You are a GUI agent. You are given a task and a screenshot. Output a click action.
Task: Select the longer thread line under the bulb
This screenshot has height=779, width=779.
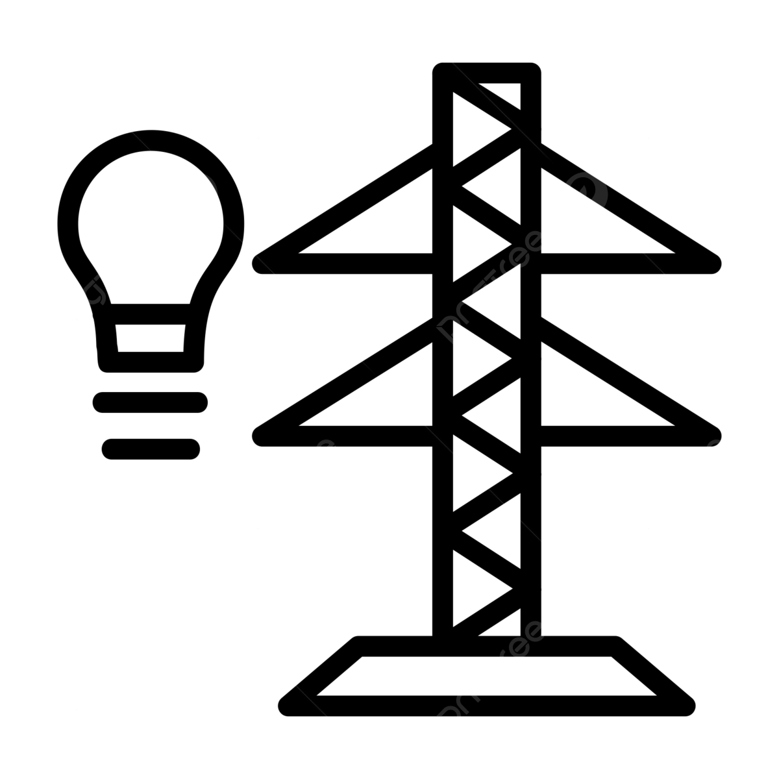[150, 402]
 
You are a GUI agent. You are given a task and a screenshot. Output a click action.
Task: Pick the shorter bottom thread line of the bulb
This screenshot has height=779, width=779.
[151, 449]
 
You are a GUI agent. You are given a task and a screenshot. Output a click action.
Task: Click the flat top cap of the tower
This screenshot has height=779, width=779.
[487, 72]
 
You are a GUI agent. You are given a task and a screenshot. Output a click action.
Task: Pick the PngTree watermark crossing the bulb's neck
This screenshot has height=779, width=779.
[101, 286]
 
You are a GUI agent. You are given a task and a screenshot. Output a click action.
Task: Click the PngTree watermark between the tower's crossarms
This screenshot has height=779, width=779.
[490, 286]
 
